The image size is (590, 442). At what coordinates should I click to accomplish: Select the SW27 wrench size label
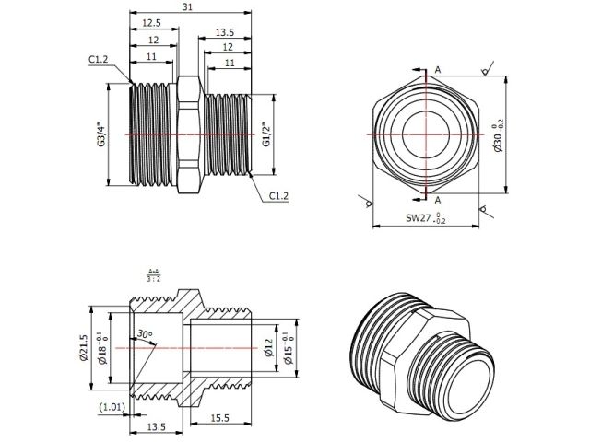click(425, 219)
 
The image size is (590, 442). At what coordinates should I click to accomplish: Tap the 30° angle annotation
click(144, 333)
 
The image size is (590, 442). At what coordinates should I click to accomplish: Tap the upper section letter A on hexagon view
click(437, 70)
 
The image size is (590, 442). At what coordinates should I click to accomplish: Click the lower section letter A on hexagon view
click(437, 199)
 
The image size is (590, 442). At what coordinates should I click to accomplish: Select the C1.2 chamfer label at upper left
click(99, 60)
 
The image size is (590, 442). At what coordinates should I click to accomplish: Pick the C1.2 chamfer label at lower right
click(280, 195)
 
